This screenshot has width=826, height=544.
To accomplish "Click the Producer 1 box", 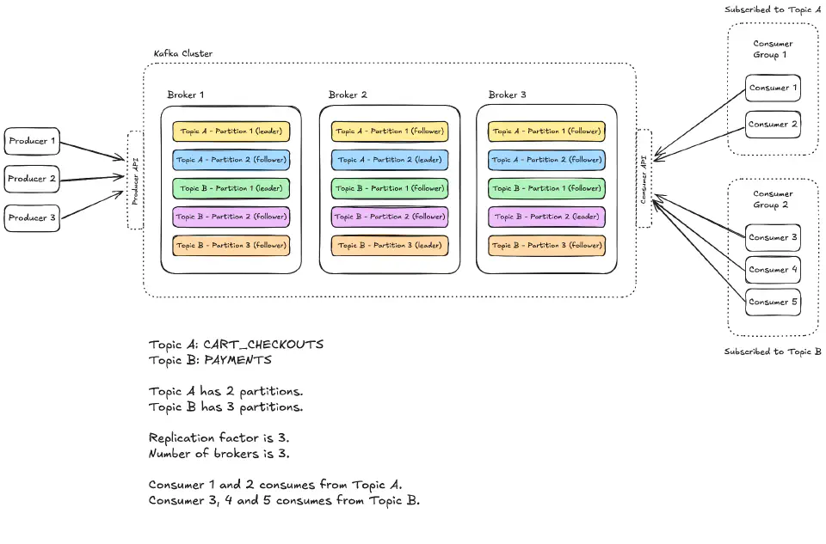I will click(32, 141).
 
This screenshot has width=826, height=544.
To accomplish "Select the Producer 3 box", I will click(32, 218).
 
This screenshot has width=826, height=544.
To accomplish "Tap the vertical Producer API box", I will click(135, 180).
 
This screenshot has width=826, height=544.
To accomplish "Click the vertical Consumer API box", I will click(644, 178).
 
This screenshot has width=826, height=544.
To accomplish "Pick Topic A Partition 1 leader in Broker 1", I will click(231, 131).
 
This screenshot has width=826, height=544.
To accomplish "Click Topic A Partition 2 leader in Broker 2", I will click(390, 160).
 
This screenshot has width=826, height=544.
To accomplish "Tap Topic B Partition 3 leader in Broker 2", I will click(390, 245).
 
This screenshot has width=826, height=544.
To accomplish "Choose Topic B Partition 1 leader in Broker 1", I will click(231, 188).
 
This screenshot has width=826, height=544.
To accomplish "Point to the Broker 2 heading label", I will click(348, 95).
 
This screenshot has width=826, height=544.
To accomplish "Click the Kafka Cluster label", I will click(183, 53).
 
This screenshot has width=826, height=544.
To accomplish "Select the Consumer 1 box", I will click(773, 88).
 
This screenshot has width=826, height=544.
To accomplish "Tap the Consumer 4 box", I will click(773, 270).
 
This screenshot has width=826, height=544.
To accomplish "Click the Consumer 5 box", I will click(773, 303).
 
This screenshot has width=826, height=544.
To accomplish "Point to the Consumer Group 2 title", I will click(773, 199).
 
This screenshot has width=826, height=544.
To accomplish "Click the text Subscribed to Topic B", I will click(773, 351).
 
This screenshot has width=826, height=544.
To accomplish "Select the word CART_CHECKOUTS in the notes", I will click(263, 344).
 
